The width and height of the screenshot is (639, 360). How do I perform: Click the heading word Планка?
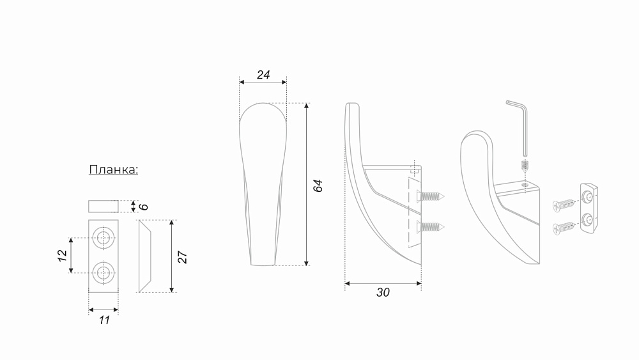pos(113,169)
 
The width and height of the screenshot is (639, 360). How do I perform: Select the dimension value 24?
pos(263,75)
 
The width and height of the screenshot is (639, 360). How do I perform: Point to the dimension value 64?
pos(318,185)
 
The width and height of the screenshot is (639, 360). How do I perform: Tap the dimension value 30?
pos(383,292)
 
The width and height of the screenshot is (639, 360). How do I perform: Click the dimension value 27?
pos(182,257)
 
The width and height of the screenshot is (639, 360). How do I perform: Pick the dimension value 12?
pos(62,256)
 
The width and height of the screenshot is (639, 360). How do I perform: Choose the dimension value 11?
pos(104,320)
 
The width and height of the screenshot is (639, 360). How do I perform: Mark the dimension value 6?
pos(143,207)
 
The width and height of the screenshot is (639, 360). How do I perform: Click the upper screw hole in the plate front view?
pos(104,238)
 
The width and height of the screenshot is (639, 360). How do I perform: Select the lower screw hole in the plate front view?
pos(104,272)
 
